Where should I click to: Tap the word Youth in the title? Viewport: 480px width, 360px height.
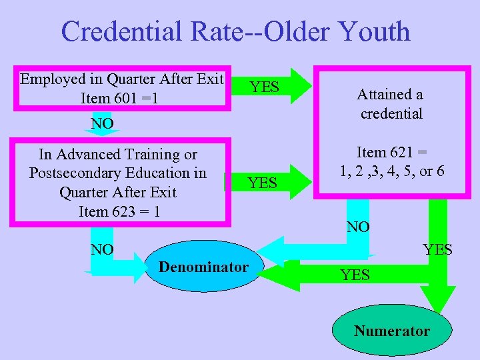point(374,32)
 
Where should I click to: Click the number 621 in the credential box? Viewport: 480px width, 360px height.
point(401,152)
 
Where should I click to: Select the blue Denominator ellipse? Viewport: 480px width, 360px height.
point(203,267)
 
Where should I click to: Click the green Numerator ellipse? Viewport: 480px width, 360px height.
point(392,331)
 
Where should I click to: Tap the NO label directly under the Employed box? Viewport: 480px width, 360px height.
point(102,123)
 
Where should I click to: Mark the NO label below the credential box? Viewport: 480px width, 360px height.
point(358,227)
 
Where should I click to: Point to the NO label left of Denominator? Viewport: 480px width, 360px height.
point(102,250)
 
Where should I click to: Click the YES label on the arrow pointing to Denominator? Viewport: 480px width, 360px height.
point(355,274)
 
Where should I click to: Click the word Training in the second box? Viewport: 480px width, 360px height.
point(163,155)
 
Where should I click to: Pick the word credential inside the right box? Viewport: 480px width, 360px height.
point(391,113)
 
